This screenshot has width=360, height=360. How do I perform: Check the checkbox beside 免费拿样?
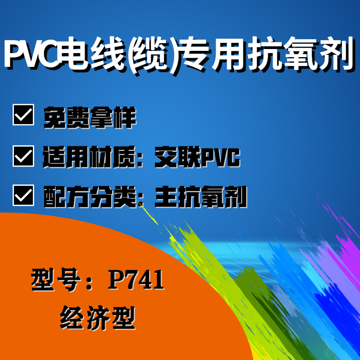pos(23,115)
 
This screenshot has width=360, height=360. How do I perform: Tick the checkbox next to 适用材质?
pos(23,156)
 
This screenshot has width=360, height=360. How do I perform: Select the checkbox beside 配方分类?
pos(23,195)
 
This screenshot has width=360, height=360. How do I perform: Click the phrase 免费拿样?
pos(90,117)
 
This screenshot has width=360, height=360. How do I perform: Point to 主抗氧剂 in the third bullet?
pos(201,197)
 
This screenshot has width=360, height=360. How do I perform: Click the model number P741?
pos(136,279)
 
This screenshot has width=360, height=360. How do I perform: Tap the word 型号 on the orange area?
pos(56,279)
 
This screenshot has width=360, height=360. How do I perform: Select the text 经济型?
pos(98,318)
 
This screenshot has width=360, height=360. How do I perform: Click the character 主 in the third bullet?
pos(166,197)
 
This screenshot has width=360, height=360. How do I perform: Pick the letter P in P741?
pos(116,279)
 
